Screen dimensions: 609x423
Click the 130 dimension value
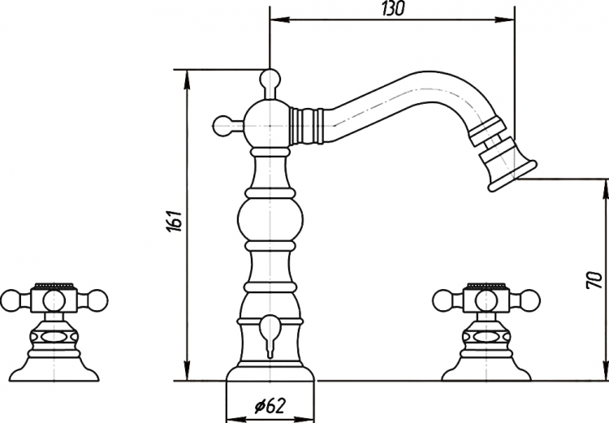[x=392, y=9]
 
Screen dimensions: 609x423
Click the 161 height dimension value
[x=175, y=222]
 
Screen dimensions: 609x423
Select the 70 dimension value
[x=594, y=280]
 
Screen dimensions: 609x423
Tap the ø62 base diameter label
[x=270, y=406]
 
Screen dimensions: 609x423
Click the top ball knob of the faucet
[x=270, y=79]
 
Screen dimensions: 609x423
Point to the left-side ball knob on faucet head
[x=222, y=126]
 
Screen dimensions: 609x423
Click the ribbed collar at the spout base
[x=307, y=125]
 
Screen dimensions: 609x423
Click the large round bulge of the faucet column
[x=270, y=219]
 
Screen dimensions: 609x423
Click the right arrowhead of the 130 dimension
[x=505, y=19]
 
